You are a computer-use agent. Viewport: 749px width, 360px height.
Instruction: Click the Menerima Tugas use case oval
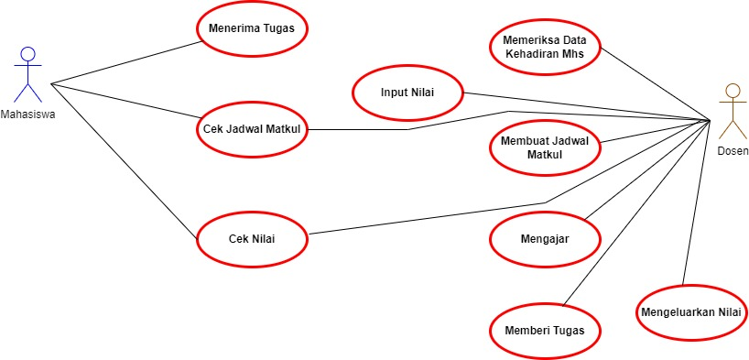click(x=252, y=28)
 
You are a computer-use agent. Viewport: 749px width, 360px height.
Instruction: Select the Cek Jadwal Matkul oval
click(x=252, y=129)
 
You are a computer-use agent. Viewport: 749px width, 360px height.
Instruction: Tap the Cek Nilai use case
click(x=252, y=239)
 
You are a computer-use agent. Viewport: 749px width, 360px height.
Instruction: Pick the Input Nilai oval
click(x=407, y=93)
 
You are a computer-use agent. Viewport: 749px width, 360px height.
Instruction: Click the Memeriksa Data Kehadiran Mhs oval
click(x=545, y=47)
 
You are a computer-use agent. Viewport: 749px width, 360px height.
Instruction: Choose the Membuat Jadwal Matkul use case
click(x=545, y=147)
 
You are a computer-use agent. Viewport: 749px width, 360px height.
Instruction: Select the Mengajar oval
click(x=545, y=239)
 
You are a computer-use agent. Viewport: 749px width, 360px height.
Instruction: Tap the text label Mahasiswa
click(x=28, y=116)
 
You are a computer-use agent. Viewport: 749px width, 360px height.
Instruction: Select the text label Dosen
click(x=733, y=151)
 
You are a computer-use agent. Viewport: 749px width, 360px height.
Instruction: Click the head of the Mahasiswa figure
click(x=28, y=52)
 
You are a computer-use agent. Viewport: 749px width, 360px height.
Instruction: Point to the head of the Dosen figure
click(x=732, y=90)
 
